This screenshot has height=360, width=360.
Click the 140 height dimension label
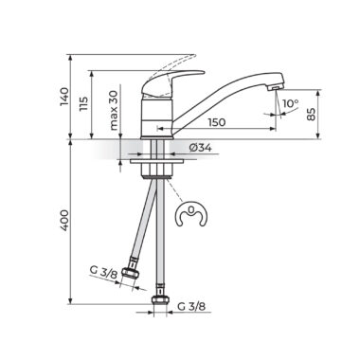click(64, 97)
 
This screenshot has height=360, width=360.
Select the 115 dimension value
click(83, 103)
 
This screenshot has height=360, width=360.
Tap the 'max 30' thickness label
click(114, 110)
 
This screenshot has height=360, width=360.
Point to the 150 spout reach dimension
click(217, 122)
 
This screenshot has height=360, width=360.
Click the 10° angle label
click(290, 103)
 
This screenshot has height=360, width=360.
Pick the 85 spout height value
click(311, 114)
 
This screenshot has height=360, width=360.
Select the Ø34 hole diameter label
click(201, 148)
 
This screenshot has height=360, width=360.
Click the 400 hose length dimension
click(64, 220)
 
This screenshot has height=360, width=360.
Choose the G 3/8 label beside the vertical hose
click(191, 306)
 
